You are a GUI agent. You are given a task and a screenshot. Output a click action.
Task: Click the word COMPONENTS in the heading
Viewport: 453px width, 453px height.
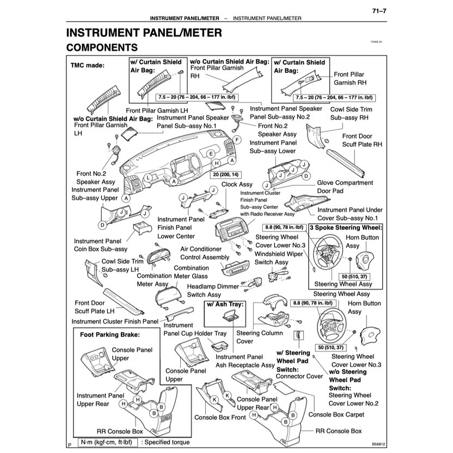102,48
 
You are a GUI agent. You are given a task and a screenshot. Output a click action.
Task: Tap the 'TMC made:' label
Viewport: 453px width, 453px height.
87,65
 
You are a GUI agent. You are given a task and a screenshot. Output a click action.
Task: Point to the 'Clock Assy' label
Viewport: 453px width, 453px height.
237,185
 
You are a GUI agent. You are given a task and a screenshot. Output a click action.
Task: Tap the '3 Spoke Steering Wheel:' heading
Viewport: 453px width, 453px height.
346,228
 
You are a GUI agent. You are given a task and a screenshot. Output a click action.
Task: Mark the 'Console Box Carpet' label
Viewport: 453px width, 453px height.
336,414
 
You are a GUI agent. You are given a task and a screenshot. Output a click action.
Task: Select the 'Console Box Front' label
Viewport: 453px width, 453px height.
220,418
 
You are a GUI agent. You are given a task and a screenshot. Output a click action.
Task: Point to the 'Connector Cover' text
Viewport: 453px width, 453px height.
299,376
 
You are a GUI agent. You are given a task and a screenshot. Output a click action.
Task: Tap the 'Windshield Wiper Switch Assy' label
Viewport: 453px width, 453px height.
279,258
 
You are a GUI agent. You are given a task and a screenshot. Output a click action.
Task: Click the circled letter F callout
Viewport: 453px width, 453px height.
237,140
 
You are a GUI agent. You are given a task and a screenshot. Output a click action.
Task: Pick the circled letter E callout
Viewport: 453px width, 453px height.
211,154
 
